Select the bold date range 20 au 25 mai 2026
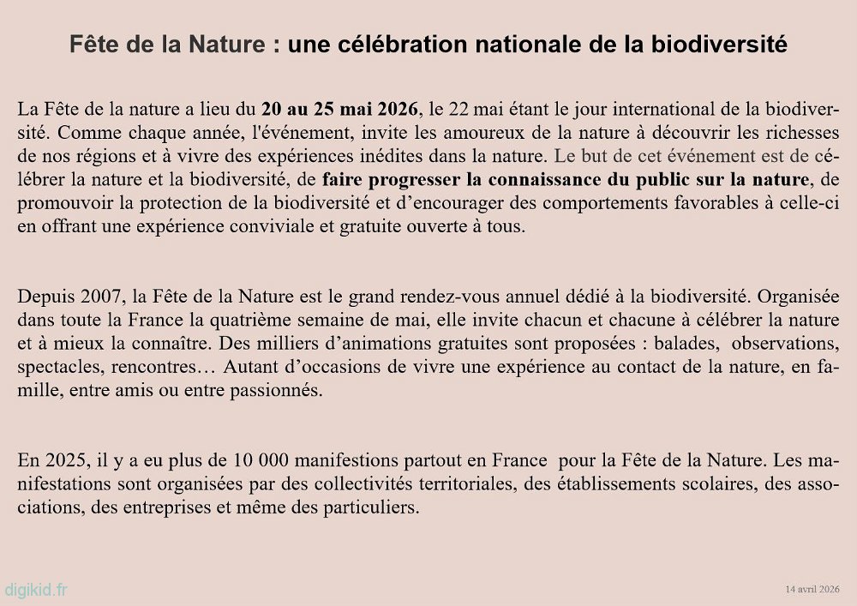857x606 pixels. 340,110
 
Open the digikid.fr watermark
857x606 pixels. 37,591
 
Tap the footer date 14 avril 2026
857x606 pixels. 812,589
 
